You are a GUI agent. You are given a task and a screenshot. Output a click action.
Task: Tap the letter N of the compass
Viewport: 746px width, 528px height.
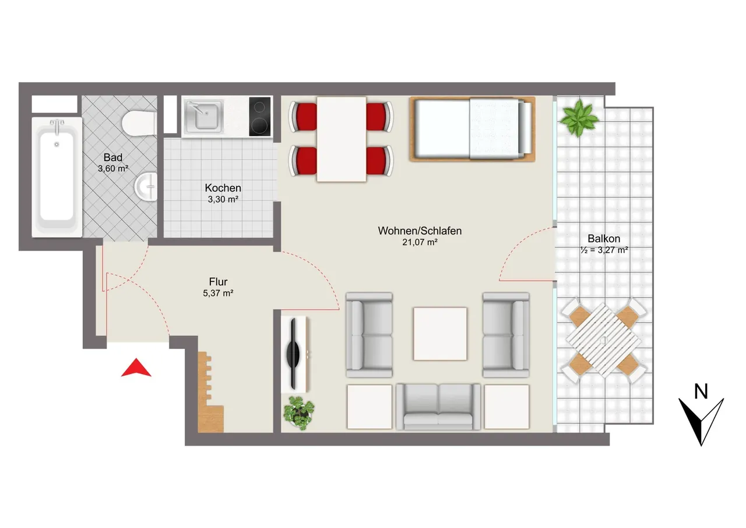coord(701,391)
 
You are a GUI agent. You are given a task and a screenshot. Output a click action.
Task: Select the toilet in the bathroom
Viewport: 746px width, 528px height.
coord(139,123)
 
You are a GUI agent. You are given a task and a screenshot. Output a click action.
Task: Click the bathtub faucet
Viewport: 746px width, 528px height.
coord(57,126)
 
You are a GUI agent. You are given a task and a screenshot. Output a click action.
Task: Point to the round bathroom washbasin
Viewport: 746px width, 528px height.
coord(146,187)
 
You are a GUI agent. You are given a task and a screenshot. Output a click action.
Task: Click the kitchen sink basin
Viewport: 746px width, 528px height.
coord(204,116)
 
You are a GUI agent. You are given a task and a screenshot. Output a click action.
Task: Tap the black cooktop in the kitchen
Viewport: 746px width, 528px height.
coord(260,117)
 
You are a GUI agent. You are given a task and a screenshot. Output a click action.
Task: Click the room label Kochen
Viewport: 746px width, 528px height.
coord(223,188)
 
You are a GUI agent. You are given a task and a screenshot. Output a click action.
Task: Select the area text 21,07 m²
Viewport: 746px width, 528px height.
coord(420,242)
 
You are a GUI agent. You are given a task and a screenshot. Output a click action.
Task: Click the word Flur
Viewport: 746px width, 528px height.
coord(218,282)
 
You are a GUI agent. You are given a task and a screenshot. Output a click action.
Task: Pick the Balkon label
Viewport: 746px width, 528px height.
coord(604,239)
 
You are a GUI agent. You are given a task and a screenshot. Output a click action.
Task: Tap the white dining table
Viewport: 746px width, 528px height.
coord(342,139)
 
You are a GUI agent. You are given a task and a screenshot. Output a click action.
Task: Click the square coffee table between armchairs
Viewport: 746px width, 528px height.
coord(440,334)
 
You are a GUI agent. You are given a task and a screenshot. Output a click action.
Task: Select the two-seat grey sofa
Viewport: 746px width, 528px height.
coord(438,407)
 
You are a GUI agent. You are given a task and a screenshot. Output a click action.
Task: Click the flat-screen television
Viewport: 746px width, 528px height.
coord(293,354)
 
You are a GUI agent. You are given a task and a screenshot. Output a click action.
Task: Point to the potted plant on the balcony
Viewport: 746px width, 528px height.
coord(579,118)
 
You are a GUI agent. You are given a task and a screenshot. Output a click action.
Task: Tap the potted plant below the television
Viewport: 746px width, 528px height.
coord(299,412)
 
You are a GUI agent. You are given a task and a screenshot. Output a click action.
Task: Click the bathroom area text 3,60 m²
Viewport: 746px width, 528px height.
coord(113,169)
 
